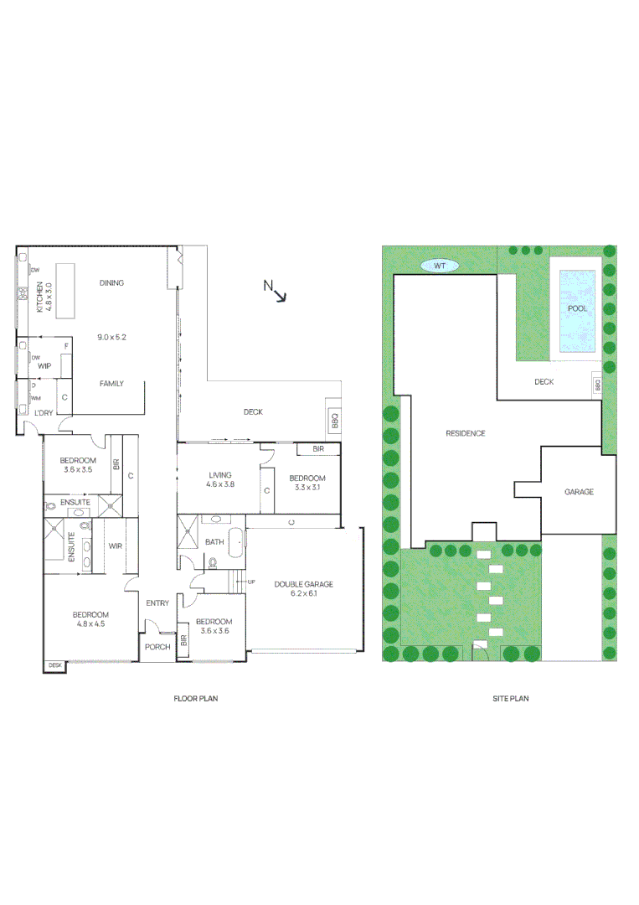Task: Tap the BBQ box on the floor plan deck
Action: coord(336,421)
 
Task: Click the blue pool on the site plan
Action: coord(577,308)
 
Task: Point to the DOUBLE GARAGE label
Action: coord(302,588)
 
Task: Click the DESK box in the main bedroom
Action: coord(55,665)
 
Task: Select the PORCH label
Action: coord(157,647)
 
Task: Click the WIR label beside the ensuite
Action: coord(116,546)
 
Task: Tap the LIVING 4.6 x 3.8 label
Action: coord(220,480)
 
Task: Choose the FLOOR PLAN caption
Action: coord(195,698)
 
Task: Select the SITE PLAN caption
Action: coord(510,698)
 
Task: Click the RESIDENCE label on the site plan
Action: coord(465,433)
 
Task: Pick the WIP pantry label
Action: coord(44,365)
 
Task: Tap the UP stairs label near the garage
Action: coord(251,581)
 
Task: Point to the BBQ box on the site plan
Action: coord(597,385)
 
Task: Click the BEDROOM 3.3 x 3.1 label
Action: coord(307,482)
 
